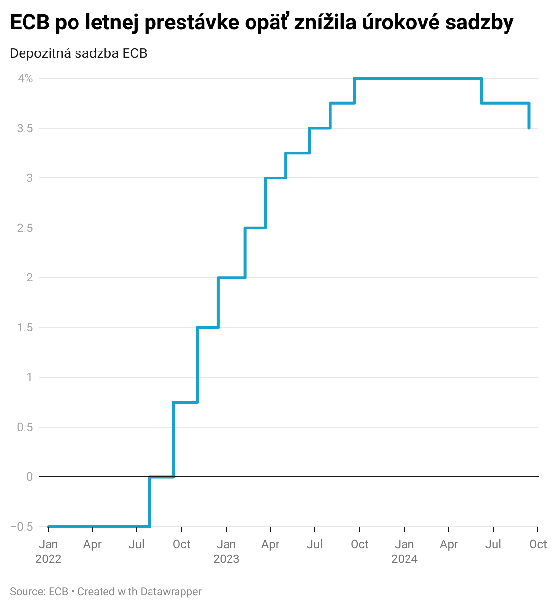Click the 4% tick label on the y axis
25,78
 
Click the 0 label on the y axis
29,477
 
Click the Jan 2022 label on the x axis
49,551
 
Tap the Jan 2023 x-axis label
227,551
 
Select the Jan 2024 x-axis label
405,551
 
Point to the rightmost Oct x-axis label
538,544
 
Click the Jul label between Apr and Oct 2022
137,544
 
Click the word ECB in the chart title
29,23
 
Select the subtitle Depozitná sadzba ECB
78,53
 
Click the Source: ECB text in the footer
39,592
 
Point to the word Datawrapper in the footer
171,592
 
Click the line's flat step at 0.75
185,402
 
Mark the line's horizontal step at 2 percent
231,278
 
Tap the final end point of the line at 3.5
529,128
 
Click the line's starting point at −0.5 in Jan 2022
49,527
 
